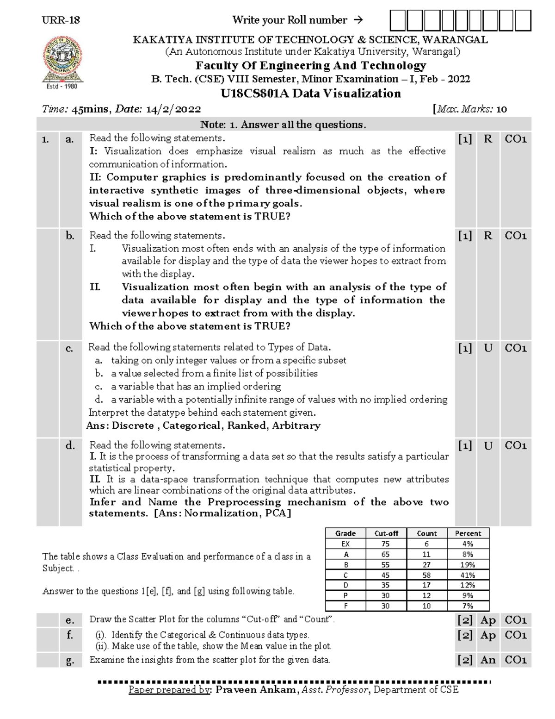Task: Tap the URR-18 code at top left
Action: pos(61,20)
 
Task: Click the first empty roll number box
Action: pos(397,21)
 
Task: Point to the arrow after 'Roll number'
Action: pos(358,20)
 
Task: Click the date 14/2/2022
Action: pos(173,109)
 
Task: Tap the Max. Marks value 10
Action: pos(501,109)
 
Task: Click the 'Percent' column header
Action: pos(468,533)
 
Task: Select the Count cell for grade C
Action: pos(426,575)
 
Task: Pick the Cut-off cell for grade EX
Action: pos(385,544)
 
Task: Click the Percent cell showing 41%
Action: pos(468,575)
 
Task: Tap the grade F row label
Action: pos(345,606)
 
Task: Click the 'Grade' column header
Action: pos(345,533)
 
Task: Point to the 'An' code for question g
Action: pos(488,660)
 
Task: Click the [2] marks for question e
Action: pos(465,620)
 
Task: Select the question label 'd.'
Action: pos(70,445)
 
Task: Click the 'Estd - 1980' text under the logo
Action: pos(62,86)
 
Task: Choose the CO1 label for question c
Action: pos(516,348)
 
